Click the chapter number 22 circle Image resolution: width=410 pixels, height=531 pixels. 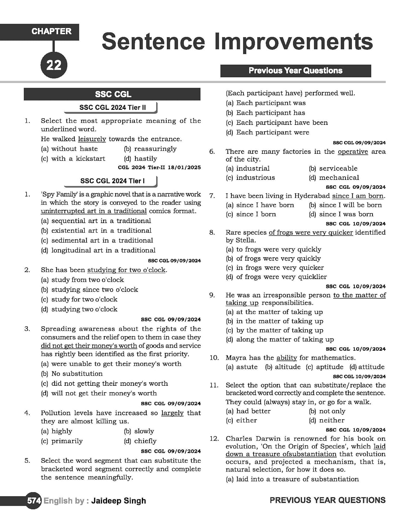tap(54, 65)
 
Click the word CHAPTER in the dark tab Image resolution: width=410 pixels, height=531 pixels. tap(51, 32)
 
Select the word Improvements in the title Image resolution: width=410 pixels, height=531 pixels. tap(293, 42)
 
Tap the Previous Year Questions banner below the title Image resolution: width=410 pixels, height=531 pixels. tap(295, 71)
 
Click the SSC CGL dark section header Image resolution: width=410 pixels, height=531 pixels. tap(113, 95)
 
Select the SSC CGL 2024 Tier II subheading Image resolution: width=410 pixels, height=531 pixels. tap(112, 108)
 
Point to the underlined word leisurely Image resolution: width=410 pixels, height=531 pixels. tap(92, 139)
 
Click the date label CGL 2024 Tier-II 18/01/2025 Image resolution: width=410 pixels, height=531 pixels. tap(159, 167)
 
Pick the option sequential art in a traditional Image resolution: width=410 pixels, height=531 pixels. tap(101, 221)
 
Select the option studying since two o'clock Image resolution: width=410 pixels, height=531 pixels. tap(94, 290)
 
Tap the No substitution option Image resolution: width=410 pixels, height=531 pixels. tap(77, 374)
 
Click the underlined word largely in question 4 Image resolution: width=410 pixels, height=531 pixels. tap(172, 413)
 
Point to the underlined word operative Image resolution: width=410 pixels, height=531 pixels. tap(353, 152)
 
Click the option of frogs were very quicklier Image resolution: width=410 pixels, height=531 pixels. tap(281, 277)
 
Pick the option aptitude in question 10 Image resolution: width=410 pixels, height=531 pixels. tap(329, 367)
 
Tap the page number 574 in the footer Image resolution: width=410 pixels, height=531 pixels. tap(34, 501)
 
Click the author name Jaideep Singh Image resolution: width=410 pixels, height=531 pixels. tap(119, 501)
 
